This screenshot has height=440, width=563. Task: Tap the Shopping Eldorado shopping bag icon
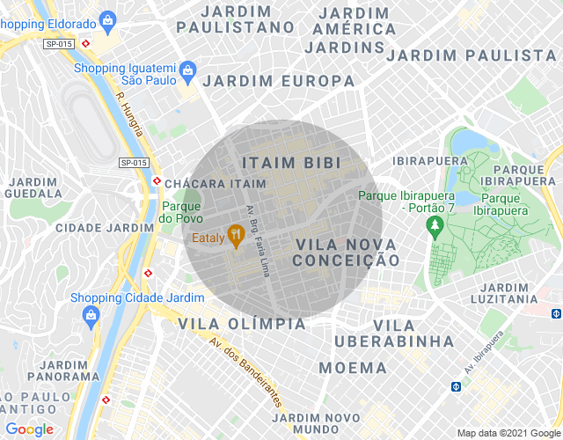[107, 19]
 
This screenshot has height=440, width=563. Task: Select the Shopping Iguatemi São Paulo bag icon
[186, 69]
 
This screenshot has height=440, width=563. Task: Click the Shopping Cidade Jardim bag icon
[89, 314]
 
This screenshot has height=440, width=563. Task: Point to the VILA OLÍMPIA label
[242, 324]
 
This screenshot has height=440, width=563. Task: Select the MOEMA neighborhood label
[352, 367]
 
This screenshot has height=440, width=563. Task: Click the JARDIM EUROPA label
[279, 81]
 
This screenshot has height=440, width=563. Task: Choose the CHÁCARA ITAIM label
[215, 183]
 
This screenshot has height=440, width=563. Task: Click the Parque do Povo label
[181, 212]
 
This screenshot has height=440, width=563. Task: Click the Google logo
[29, 429]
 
